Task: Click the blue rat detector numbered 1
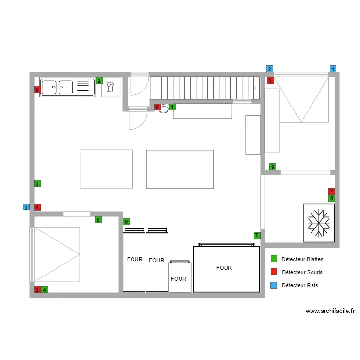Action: click(333, 69)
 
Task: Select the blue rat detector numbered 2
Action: click(270, 69)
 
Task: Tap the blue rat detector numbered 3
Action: click(26, 207)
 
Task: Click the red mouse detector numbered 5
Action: click(37, 89)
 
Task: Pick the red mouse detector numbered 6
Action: click(157, 107)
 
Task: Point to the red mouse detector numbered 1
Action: click(270, 81)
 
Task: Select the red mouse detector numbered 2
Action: click(331, 191)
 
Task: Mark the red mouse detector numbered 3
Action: click(37, 289)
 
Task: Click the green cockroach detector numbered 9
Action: click(273, 167)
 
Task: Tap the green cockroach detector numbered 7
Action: click(257, 235)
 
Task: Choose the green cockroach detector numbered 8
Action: click(331, 198)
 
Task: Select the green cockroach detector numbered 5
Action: click(98, 220)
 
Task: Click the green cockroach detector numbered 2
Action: click(99, 80)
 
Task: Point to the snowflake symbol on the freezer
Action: click(319, 223)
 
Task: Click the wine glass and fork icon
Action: click(111, 86)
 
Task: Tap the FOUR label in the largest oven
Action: click(224, 268)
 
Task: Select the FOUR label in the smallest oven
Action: click(178, 279)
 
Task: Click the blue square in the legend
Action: click(274, 285)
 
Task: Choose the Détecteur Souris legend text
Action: click(302, 272)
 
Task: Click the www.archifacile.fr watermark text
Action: click(330, 311)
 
